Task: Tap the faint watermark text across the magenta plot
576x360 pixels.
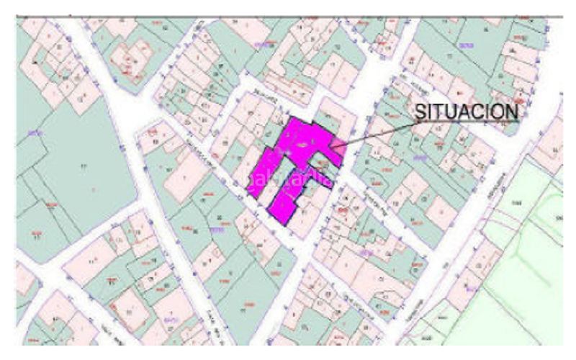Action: (x=292, y=176)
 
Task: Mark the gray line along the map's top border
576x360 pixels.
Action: (x=288, y=16)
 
